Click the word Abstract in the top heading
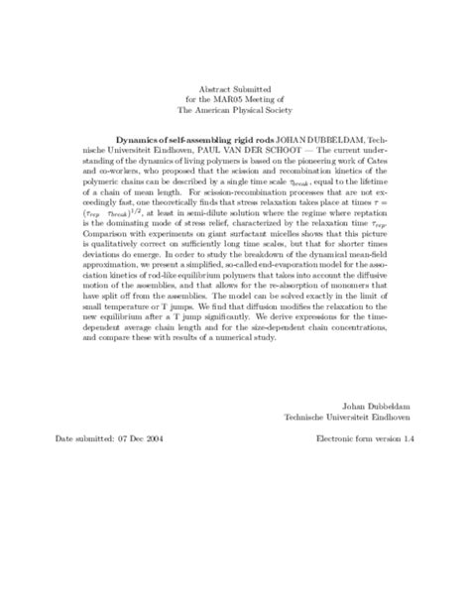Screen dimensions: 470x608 coord(212,87)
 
